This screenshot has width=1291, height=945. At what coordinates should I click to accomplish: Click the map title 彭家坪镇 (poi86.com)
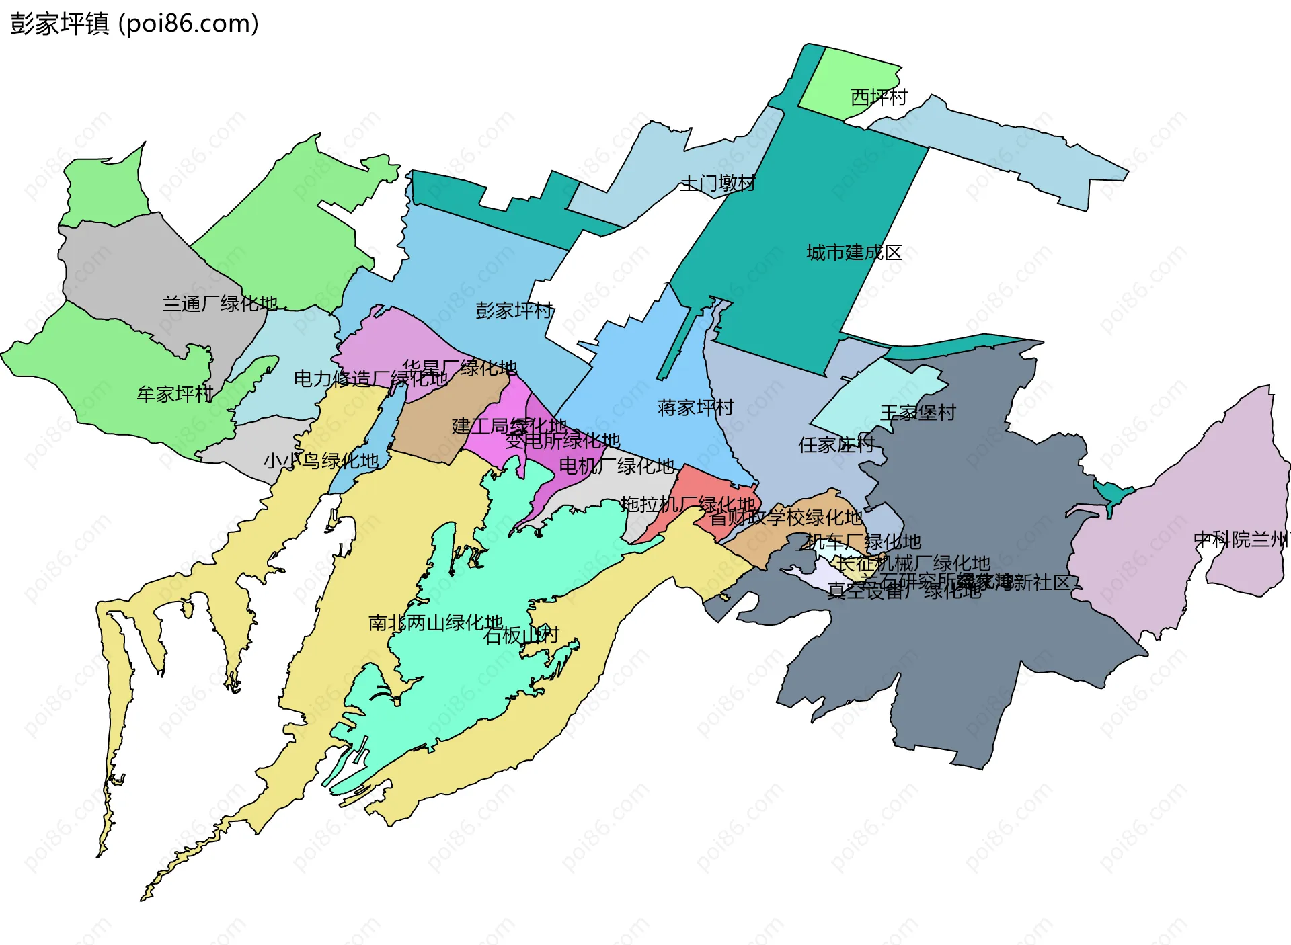(x=134, y=24)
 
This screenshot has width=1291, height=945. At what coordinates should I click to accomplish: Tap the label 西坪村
(x=878, y=98)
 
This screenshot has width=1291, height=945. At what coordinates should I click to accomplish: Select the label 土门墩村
(x=717, y=183)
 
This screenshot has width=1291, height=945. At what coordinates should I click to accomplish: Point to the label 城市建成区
(x=854, y=253)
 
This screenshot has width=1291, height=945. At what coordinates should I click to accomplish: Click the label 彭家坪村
(x=514, y=311)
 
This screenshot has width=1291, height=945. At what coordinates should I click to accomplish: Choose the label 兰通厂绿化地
(x=220, y=304)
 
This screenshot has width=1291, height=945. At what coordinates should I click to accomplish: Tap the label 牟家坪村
(x=175, y=394)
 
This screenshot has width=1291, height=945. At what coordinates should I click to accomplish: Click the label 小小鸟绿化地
(x=321, y=461)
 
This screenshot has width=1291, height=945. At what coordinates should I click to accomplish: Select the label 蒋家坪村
(x=695, y=407)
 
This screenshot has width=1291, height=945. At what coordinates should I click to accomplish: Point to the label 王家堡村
(x=918, y=412)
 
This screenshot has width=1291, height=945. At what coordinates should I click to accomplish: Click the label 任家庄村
(x=836, y=444)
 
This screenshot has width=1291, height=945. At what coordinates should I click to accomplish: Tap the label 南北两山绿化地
(x=436, y=623)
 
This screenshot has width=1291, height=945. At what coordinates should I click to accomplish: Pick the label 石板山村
(x=521, y=635)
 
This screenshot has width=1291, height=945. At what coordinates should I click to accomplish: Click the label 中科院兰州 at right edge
(x=1241, y=539)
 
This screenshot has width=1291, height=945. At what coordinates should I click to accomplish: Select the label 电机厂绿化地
(x=617, y=466)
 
